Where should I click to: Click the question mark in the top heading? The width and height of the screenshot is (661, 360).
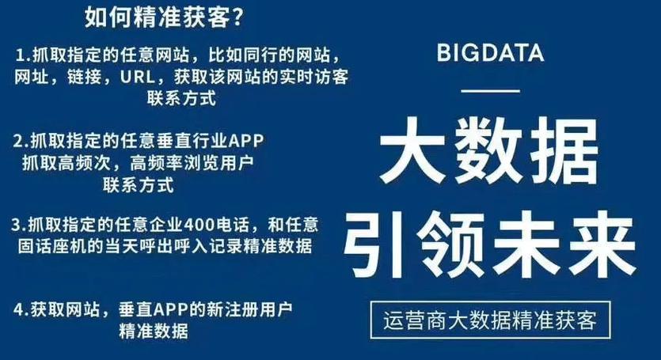pos(237,17)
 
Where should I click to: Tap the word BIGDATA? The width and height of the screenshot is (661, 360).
pos(490,53)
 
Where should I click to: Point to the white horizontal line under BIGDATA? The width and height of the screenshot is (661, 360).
pos(490,91)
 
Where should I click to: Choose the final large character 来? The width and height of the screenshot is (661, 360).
pos(602,244)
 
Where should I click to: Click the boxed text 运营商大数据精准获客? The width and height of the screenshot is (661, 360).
pos(490,320)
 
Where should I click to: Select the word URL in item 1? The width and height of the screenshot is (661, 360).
pos(137,78)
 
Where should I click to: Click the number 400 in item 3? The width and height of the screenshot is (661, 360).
pos(200,225)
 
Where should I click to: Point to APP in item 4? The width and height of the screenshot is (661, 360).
pos(170,310)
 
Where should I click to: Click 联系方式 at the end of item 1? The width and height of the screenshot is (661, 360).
pos(182,98)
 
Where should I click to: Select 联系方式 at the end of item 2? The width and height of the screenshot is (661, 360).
pos(138,184)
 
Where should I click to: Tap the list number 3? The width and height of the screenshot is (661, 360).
pos(17,225)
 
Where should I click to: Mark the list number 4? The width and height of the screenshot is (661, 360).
pos(18,310)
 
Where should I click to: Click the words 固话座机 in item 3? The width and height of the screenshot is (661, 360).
pos(52,246)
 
